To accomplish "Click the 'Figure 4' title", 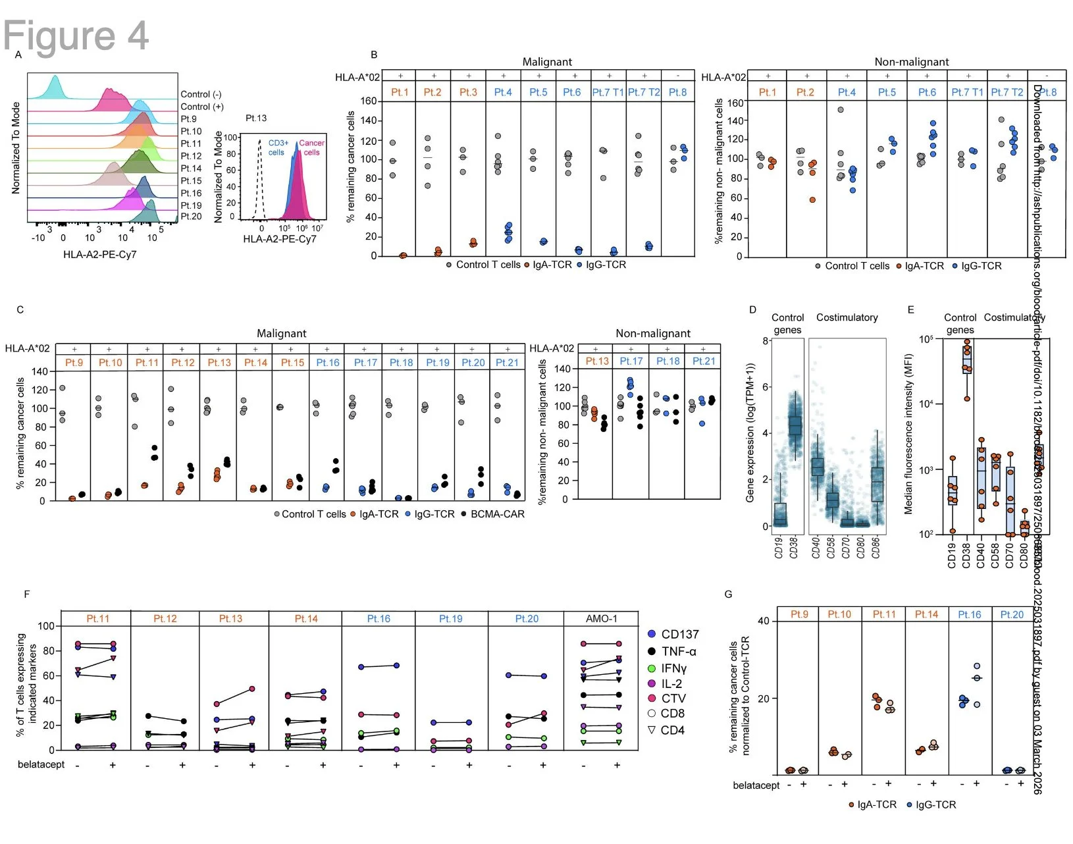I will coord(76,35).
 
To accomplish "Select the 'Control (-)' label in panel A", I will coord(201,94).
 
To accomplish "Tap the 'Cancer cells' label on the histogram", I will coord(311,147).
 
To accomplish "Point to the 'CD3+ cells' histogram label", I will coord(278,147).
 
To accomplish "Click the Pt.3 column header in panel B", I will coord(468,92).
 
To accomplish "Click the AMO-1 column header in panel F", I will coord(601,619).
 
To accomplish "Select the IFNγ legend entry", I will coord(673,668).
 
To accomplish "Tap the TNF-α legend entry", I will coord(678,651).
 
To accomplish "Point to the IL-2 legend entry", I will coord(671,684).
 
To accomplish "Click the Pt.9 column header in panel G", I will coord(798,614).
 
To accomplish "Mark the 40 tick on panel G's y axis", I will coord(764,621).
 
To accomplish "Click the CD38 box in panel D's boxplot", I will coord(795,425).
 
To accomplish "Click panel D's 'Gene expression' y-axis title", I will coord(750,433).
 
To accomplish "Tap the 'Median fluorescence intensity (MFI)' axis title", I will coord(908,438).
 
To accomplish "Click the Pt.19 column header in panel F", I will coord(450,619).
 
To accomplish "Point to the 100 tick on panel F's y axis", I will coord(46,626).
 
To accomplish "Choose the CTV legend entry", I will coord(673,699).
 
